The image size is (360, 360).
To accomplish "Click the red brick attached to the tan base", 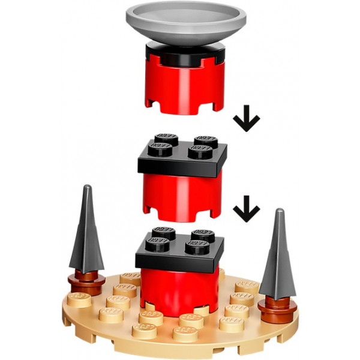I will pos(180,288).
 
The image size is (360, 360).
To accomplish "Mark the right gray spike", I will pos(277,258).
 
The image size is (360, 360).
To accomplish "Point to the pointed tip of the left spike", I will pos(88,188).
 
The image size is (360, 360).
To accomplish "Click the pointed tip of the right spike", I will pos(279,211).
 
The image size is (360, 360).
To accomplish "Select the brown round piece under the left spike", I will pos(86,278).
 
